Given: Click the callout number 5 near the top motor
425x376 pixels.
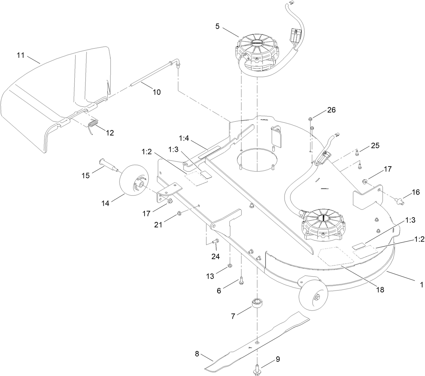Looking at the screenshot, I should (x=218, y=26).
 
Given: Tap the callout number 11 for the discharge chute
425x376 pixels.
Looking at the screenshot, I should (x=21, y=55).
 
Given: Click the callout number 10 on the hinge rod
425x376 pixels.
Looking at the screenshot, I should (x=157, y=92).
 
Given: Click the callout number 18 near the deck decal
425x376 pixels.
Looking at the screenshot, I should (x=380, y=290).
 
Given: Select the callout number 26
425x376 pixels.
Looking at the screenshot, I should (x=332, y=110).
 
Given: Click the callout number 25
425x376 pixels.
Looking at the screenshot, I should (x=375, y=146).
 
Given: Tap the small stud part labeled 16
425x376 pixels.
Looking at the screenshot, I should (x=399, y=202).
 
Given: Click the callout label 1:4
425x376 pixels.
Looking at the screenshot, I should (x=185, y=139).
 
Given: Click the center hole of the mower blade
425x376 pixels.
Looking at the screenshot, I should (x=257, y=343).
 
